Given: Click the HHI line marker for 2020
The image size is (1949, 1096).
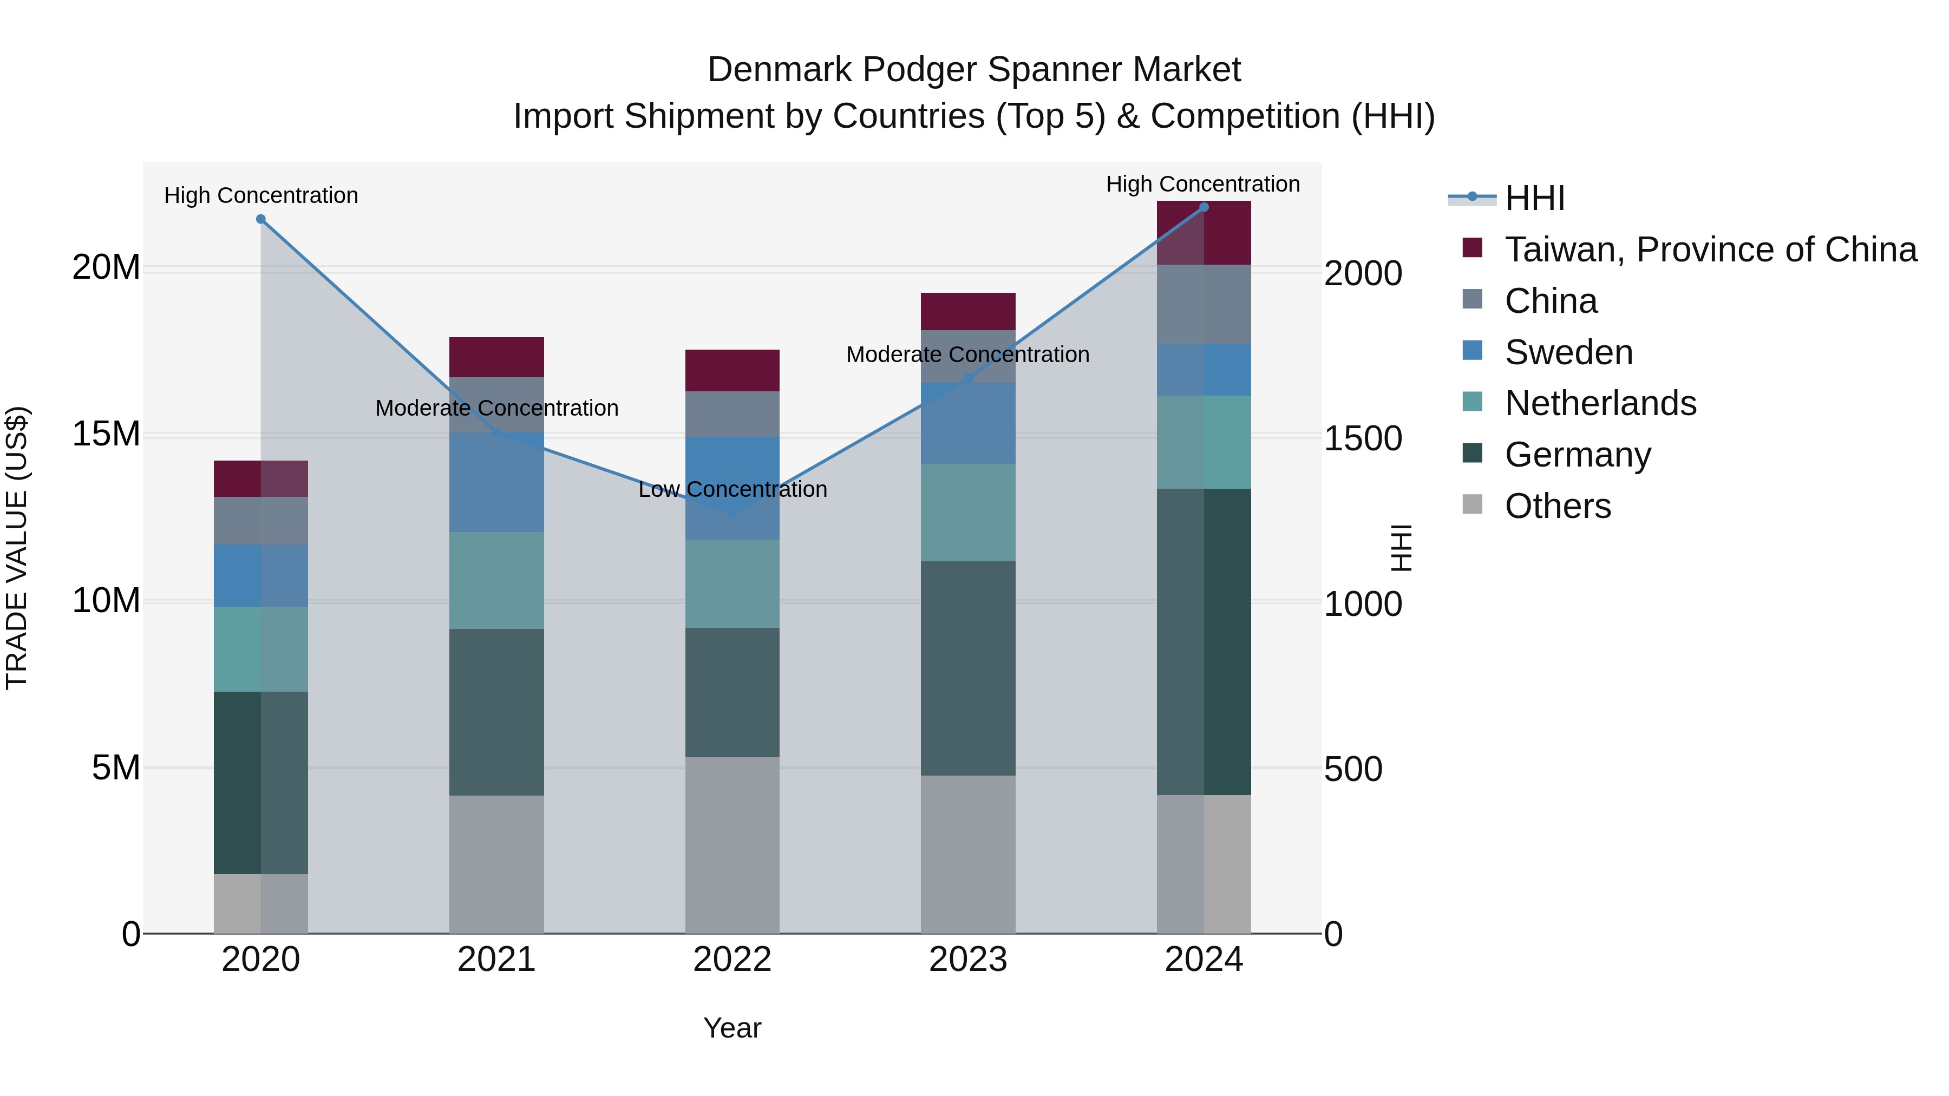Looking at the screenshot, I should coord(260,219).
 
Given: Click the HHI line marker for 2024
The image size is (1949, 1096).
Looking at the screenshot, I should coord(1204,207).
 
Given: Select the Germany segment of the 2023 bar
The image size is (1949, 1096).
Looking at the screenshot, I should coord(967,668).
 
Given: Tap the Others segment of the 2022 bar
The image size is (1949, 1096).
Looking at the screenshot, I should coord(731,845).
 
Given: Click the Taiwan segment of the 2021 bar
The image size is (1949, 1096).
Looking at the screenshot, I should coord(496,357).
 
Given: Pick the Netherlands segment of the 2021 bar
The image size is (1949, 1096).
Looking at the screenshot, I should coord(496,580).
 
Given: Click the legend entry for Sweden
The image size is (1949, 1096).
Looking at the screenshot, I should coord(1568,352).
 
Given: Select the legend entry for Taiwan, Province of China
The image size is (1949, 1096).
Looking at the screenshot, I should coord(1710,250).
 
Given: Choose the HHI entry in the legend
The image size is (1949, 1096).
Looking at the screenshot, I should coord(1534,198).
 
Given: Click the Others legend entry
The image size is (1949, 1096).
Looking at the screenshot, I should coord(1557,506).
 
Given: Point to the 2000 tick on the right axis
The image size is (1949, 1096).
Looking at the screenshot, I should coord(1363,273).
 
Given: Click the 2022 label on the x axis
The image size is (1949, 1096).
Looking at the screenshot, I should coord(731,960).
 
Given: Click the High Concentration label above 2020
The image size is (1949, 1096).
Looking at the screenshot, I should coord(261,195).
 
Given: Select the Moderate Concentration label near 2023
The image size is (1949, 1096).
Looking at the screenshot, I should coord(967,354).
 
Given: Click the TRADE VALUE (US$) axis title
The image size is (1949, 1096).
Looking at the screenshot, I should coord(17,548).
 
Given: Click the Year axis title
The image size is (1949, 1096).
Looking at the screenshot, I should coord(731,1028).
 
